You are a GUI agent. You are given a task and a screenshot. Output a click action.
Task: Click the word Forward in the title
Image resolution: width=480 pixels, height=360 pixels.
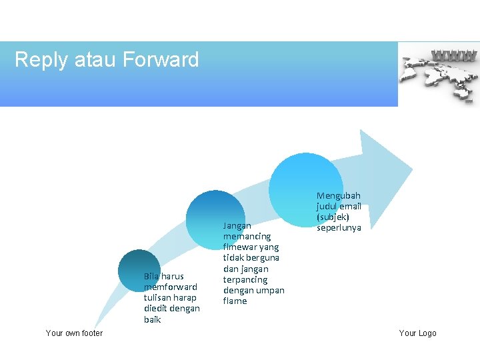pos(161,60)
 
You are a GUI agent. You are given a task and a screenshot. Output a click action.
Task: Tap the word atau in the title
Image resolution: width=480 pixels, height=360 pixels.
pos(97,60)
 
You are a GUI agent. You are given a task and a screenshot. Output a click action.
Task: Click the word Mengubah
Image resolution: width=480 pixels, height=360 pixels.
pos(338,196)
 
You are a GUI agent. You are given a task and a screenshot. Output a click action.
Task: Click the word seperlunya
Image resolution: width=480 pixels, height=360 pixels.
pos(339,228)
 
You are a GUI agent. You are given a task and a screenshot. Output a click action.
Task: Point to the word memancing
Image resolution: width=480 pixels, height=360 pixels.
pos(247,237)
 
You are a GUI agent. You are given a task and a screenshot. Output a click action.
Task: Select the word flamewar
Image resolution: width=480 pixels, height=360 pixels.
pos(241,247)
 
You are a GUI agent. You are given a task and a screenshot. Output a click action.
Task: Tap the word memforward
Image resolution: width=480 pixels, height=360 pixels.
pos(171,287)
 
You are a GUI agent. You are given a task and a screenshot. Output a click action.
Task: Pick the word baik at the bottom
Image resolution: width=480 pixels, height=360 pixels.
pos(152,319)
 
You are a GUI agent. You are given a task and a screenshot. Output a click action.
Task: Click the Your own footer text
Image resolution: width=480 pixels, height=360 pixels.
pos(74,333)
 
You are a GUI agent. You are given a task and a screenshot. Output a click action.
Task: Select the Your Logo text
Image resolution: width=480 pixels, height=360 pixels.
pos(417,333)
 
